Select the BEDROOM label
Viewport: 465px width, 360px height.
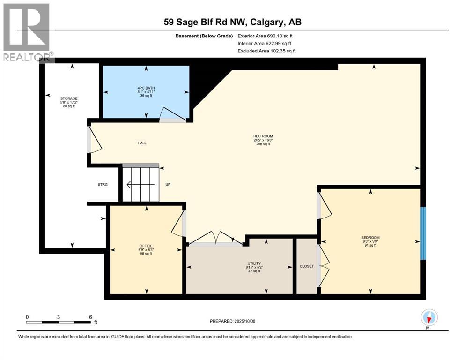(x=370, y=237)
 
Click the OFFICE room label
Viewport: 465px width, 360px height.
(x=146, y=246)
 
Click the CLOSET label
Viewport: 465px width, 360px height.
(x=306, y=266)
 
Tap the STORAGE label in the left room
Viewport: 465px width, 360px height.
(x=68, y=98)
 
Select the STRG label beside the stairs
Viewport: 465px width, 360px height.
(x=103, y=185)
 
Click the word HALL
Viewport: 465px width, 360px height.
(x=142, y=143)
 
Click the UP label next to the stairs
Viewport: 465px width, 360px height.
(x=168, y=185)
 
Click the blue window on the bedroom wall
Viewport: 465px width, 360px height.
(x=423, y=233)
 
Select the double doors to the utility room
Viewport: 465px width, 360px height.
(x=215, y=238)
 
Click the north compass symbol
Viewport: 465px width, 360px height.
(x=429, y=318)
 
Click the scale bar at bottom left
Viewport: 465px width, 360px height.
(x=59, y=322)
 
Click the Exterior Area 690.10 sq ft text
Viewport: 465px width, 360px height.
(x=266, y=36)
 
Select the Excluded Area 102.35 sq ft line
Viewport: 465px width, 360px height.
(x=266, y=51)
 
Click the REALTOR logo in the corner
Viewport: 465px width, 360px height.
(x=27, y=31)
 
